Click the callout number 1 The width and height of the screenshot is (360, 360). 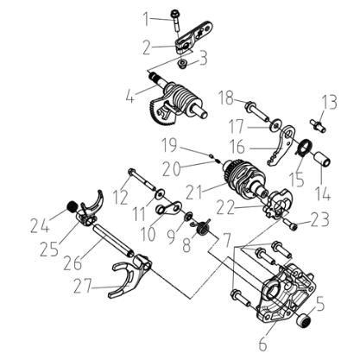click(148, 19)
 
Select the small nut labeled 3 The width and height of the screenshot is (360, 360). click(182, 64)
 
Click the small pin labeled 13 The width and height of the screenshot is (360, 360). click(318, 125)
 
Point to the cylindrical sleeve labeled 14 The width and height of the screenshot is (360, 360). click(322, 159)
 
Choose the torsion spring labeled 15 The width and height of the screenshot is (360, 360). click(303, 147)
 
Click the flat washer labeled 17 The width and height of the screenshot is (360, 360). click(275, 124)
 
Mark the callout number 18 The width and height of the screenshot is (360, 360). click(226, 98)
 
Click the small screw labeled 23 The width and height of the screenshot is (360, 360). click(291, 224)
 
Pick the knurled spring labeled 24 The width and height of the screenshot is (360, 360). click(73, 206)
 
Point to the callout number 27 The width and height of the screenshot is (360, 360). click(83, 287)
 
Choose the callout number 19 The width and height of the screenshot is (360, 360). click(169, 145)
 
